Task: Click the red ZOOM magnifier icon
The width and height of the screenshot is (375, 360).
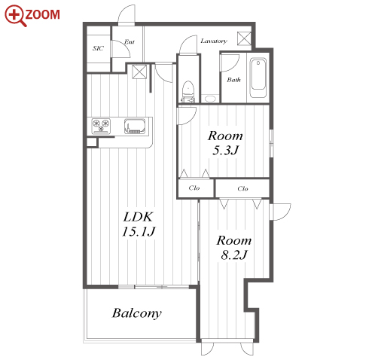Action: tap(16, 16)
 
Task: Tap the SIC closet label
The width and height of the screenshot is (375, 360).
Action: tap(98, 48)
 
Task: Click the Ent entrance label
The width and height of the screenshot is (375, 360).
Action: tap(130, 41)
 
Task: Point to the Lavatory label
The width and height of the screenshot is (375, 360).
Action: tap(214, 41)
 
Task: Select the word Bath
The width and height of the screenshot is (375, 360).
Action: tap(233, 80)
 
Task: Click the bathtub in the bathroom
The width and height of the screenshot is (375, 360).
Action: tap(258, 78)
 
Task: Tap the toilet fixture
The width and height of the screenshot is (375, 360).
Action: tap(187, 92)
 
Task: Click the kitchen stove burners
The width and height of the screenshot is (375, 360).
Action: tap(101, 126)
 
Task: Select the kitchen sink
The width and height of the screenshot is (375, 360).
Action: tap(135, 126)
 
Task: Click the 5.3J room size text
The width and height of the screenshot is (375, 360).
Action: tap(225, 151)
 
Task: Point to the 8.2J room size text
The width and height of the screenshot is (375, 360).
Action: tap(234, 255)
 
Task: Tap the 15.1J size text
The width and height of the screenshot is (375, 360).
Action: tap(139, 231)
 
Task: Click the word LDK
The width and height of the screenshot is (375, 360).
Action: tap(138, 217)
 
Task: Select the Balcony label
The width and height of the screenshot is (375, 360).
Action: tap(137, 313)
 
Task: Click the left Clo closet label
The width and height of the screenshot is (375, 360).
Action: tap(194, 188)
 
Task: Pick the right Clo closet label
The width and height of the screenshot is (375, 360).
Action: tap(242, 188)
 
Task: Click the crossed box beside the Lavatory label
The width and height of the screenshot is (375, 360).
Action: tap(244, 38)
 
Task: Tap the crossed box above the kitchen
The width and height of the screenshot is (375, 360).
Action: tap(139, 72)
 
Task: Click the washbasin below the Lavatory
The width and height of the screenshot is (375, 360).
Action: tap(210, 99)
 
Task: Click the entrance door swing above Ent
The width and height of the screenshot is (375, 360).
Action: tap(127, 14)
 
